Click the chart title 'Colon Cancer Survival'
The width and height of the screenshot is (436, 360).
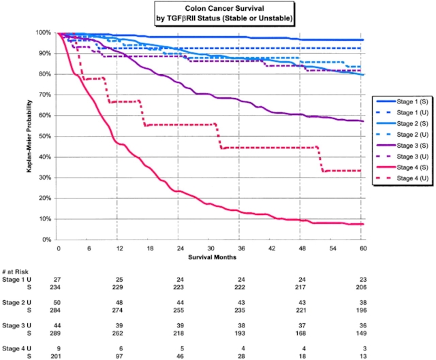[x=217, y=8]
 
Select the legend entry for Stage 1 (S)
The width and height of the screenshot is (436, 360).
[x=402, y=99]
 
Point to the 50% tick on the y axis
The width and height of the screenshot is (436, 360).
[x=45, y=136]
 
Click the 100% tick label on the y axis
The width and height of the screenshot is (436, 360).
[x=44, y=33]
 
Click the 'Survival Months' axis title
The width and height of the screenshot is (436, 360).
[x=210, y=257]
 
